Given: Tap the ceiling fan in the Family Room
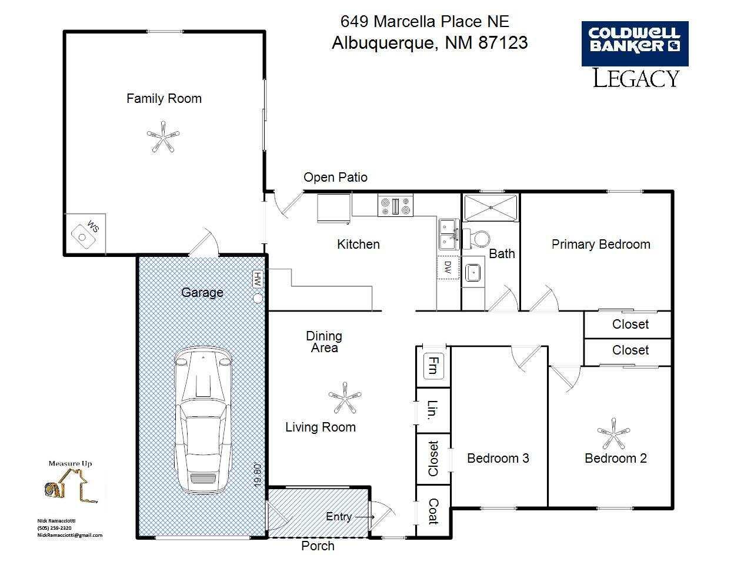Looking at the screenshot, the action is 163,136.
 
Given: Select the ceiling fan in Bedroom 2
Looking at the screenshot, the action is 613,433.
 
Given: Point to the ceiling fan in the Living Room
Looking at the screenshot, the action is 345,397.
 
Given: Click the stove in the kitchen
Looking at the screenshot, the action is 395,205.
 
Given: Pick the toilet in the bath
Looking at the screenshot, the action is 476,239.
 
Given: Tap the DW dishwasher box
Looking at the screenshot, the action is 448,268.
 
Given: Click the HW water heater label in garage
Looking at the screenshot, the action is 258,279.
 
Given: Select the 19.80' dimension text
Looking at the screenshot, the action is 258,476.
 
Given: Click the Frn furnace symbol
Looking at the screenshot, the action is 433,366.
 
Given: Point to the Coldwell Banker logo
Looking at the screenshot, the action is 635,44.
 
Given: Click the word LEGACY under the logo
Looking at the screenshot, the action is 636,78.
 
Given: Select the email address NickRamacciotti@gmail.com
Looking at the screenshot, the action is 70,535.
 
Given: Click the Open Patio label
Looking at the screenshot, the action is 336,178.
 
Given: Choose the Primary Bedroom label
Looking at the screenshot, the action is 601,245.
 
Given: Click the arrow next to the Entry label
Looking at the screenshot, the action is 364,517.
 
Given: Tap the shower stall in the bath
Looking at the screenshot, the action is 491,208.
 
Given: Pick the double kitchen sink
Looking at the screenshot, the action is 449,234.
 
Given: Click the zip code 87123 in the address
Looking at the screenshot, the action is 503,43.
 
